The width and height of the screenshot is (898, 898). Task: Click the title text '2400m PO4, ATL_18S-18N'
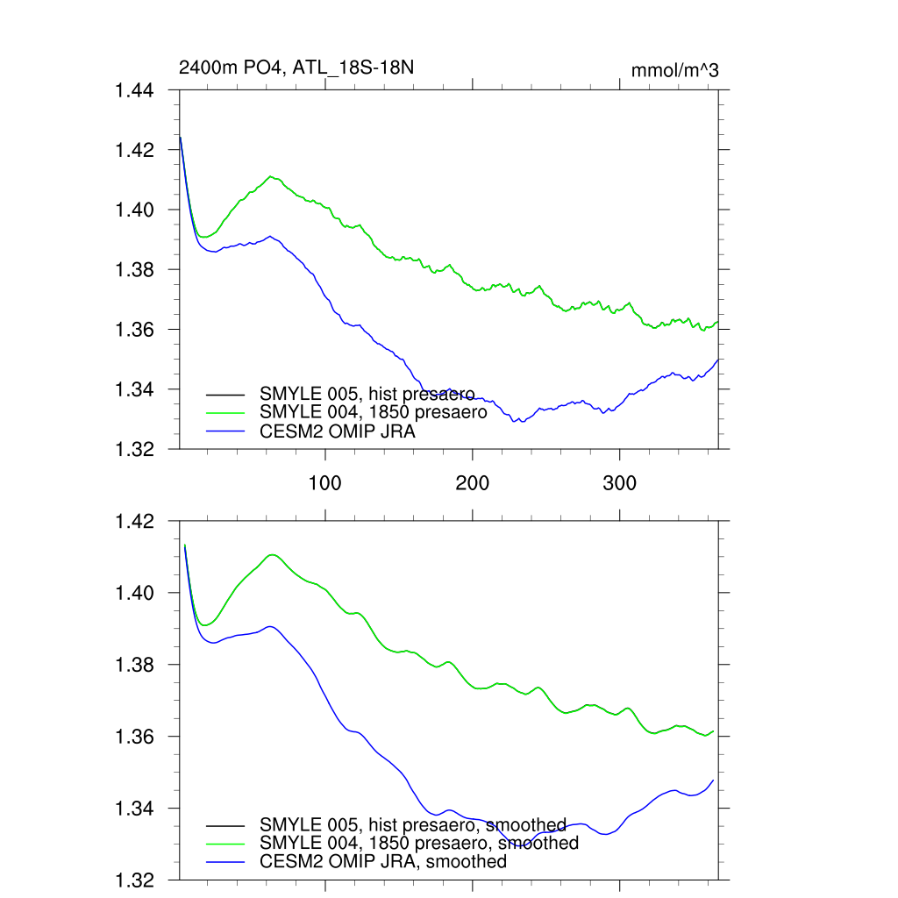[289, 68]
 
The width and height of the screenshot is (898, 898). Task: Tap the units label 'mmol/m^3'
[674, 70]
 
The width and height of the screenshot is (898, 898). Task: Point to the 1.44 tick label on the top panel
[135, 90]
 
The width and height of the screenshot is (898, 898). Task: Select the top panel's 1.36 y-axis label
[135, 330]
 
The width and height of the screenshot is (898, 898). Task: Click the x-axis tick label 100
[325, 482]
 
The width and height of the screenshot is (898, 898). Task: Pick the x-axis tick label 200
[473, 482]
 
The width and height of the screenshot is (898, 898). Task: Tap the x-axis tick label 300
[620, 482]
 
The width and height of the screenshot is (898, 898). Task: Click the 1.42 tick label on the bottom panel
[135, 522]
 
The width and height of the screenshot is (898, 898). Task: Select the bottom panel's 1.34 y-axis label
[135, 809]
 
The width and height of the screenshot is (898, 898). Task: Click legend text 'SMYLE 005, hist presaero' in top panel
[367, 393]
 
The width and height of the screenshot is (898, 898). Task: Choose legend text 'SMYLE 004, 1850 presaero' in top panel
[373, 412]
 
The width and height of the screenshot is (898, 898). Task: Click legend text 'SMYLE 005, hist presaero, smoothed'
[412, 824]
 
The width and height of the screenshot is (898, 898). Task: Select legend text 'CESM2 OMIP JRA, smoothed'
[383, 862]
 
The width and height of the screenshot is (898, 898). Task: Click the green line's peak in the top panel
[273, 176]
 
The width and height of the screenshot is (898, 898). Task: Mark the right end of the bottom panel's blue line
[714, 780]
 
